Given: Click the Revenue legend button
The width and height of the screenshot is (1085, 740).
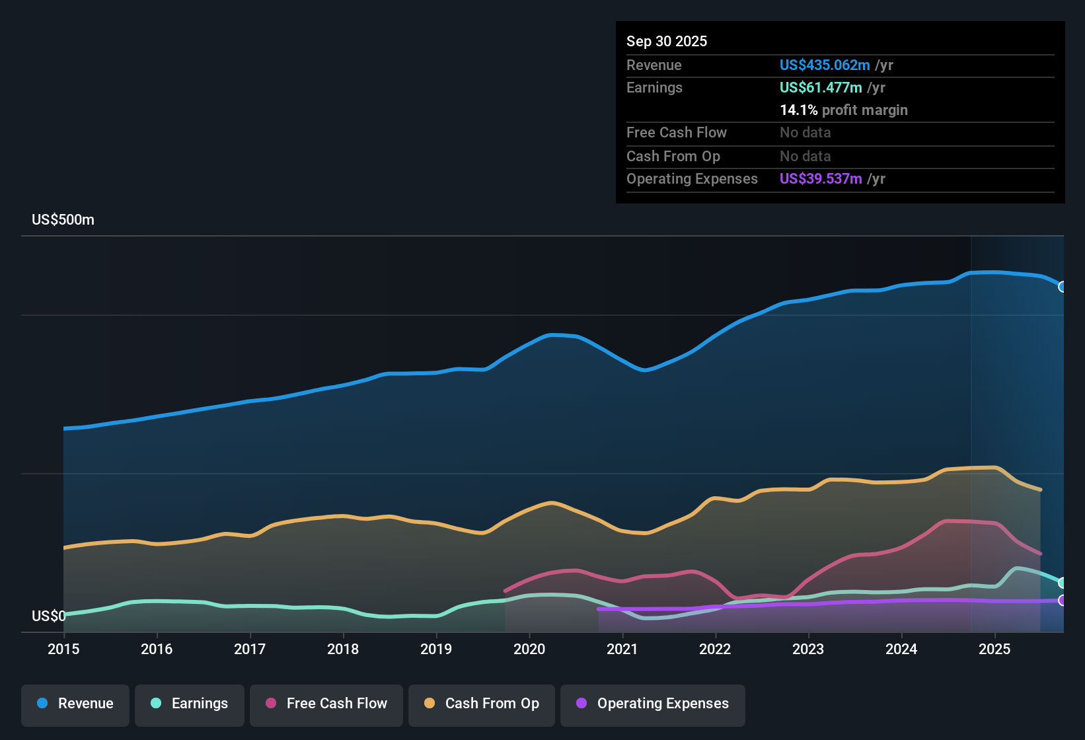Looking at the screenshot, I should coord(75,704).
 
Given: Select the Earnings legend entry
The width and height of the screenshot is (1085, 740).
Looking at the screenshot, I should coord(190,704).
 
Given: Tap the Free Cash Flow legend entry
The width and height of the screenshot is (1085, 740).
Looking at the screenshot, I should coord(326,704).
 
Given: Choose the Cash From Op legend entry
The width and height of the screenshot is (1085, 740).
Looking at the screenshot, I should coord(482,704).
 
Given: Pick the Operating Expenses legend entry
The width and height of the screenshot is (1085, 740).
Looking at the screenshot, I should coord(653,704).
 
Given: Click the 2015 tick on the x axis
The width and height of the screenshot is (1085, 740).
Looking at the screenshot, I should coord(63,649).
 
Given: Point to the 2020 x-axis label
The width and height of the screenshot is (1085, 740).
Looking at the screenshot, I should coord(529,649).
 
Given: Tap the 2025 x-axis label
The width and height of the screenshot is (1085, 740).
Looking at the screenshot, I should coord(994,649).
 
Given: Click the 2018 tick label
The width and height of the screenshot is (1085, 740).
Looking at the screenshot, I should coord(343,649).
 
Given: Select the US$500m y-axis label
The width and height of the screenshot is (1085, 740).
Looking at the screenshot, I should coord(63,220).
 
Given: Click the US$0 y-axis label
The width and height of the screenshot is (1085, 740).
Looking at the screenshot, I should coord(48,616).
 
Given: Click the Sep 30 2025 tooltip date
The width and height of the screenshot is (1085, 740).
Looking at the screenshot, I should coord(666,42).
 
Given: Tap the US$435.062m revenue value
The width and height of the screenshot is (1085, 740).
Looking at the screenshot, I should coord(824,65).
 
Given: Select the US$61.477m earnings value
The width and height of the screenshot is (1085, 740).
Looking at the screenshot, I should coord(820,88).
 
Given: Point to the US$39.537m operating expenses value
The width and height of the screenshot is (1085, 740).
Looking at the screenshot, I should coord(820,179).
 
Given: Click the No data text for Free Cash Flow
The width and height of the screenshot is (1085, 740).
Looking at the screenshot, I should coord(805,133).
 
